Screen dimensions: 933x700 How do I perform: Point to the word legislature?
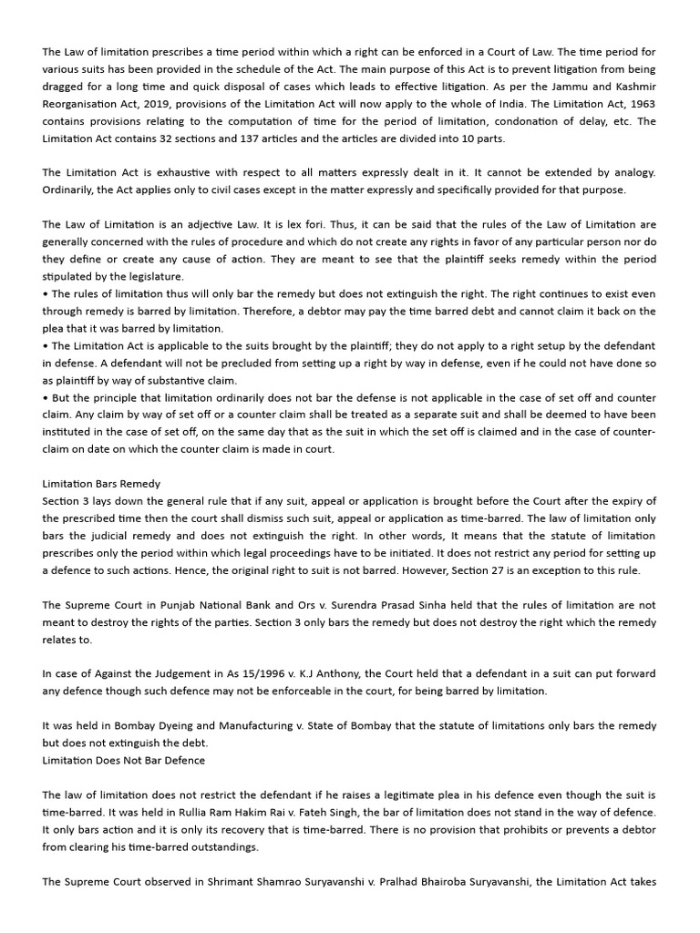(x=152, y=276)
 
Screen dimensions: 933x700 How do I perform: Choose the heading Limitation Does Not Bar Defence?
(x=123, y=760)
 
